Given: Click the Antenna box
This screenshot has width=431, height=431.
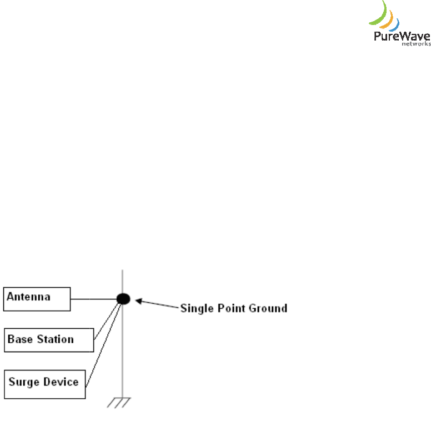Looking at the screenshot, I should (37, 299).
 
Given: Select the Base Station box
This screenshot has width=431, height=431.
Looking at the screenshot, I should (49, 340).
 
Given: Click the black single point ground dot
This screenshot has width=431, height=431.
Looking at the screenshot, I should (123, 299).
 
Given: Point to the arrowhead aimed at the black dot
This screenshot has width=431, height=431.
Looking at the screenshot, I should (139, 302).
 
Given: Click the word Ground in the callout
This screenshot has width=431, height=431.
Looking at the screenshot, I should (267, 308).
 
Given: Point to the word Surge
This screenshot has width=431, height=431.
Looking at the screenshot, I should (23, 382).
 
